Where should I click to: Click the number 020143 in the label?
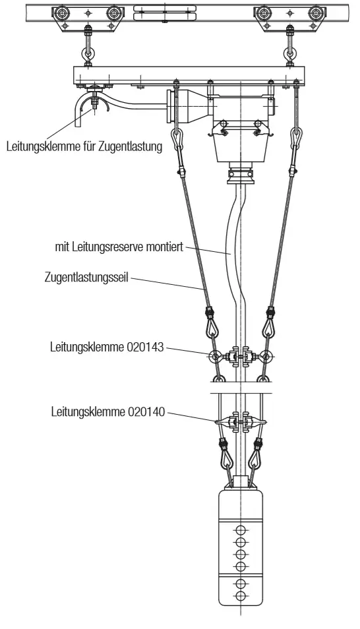point(145,347)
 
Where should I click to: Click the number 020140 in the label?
point(146,412)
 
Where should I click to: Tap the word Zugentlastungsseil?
point(86,277)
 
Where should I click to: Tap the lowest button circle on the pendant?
point(241,595)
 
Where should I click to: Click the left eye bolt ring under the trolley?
point(87,53)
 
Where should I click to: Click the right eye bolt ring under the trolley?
point(289,53)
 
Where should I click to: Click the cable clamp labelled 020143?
point(240,356)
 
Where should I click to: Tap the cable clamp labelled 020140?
point(241,423)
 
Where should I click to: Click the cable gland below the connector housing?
point(241,175)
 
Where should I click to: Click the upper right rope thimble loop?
point(297,137)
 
